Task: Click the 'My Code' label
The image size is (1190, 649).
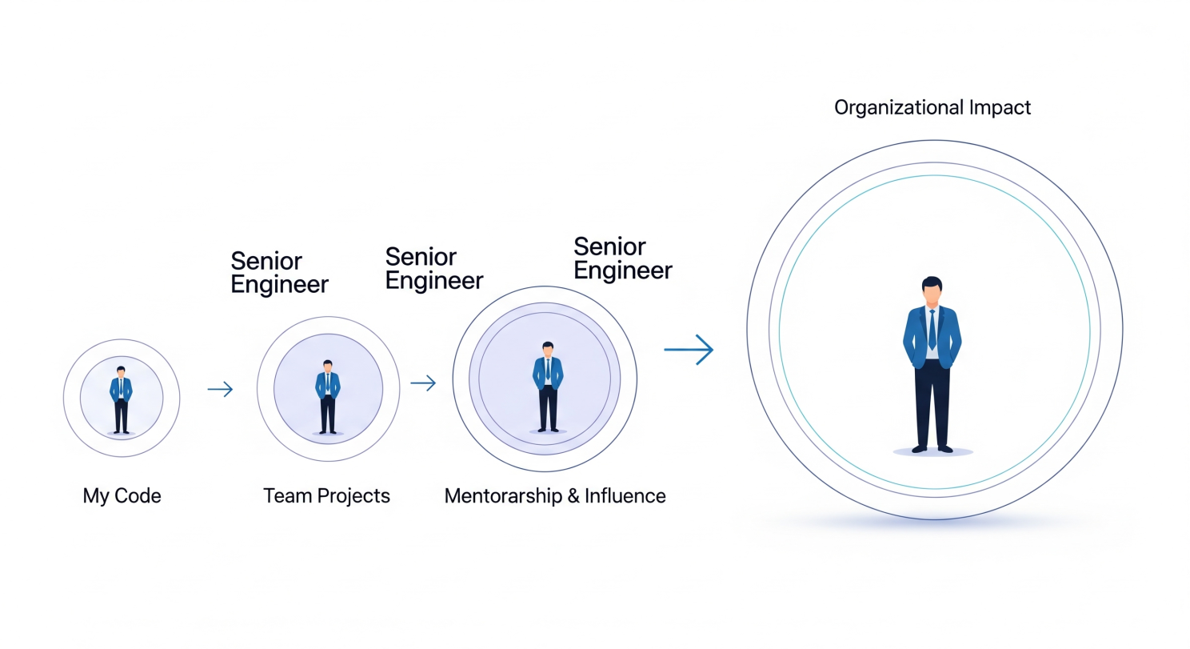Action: (x=122, y=496)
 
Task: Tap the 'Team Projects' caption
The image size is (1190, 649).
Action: (x=327, y=496)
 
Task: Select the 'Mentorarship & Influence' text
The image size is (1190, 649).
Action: (x=555, y=496)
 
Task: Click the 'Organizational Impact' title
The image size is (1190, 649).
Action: (x=932, y=108)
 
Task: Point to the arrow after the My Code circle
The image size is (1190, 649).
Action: (x=221, y=389)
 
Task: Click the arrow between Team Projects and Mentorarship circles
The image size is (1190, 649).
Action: (x=423, y=383)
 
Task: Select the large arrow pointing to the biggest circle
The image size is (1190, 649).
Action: (x=689, y=349)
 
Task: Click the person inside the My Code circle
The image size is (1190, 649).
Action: (x=121, y=400)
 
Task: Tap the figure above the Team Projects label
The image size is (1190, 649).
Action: (x=328, y=397)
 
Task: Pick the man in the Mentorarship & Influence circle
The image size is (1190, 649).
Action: (x=548, y=387)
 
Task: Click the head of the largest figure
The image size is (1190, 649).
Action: (x=932, y=291)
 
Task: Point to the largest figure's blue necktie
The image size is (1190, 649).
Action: (x=932, y=330)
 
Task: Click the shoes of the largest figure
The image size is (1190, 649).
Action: (x=932, y=449)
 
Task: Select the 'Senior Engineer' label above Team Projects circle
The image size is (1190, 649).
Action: (x=279, y=273)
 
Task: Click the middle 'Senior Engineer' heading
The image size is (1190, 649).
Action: (x=434, y=269)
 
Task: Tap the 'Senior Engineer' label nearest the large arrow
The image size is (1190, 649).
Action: (x=623, y=258)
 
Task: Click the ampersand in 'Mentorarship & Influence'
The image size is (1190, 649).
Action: (x=573, y=496)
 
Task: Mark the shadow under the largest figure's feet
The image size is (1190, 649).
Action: (x=932, y=452)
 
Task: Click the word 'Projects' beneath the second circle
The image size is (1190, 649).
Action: (x=353, y=496)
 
